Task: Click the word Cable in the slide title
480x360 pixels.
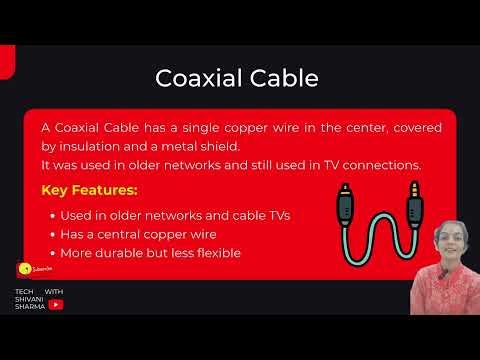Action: (x=285, y=77)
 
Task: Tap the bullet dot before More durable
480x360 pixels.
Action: (x=51, y=254)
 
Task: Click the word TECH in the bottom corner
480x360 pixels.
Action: (x=24, y=291)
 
